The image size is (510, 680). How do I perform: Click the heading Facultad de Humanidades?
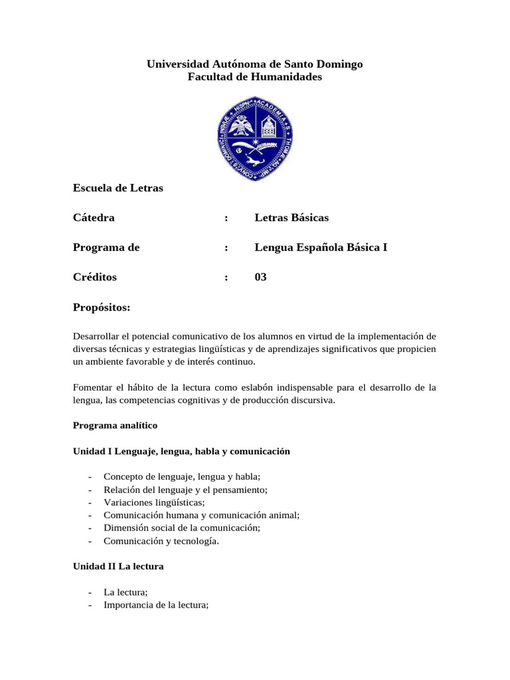[255, 77]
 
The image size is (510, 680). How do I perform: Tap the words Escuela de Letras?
[118, 188]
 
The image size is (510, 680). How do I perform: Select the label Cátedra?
[94, 218]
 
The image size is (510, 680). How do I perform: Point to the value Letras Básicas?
[292, 218]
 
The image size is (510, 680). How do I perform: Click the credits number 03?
[260, 277]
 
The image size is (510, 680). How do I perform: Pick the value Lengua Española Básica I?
[321, 248]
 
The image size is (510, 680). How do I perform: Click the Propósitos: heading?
[102, 308]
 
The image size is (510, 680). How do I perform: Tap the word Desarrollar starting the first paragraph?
[95, 336]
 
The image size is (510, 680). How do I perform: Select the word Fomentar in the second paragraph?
[92, 388]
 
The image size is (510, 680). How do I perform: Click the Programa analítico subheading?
[115, 424]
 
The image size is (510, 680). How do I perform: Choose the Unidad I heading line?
[181, 451]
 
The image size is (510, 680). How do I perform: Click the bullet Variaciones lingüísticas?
[154, 502]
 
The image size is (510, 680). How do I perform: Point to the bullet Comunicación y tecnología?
[161, 541]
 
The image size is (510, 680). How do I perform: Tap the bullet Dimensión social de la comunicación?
[181, 527]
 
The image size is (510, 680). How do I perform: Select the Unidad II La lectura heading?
[118, 566]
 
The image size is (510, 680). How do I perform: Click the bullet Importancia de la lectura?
[156, 605]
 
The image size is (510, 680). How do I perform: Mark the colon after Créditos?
[226, 277]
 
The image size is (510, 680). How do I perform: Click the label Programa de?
[106, 248]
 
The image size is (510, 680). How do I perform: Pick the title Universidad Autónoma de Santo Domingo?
[255, 64]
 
